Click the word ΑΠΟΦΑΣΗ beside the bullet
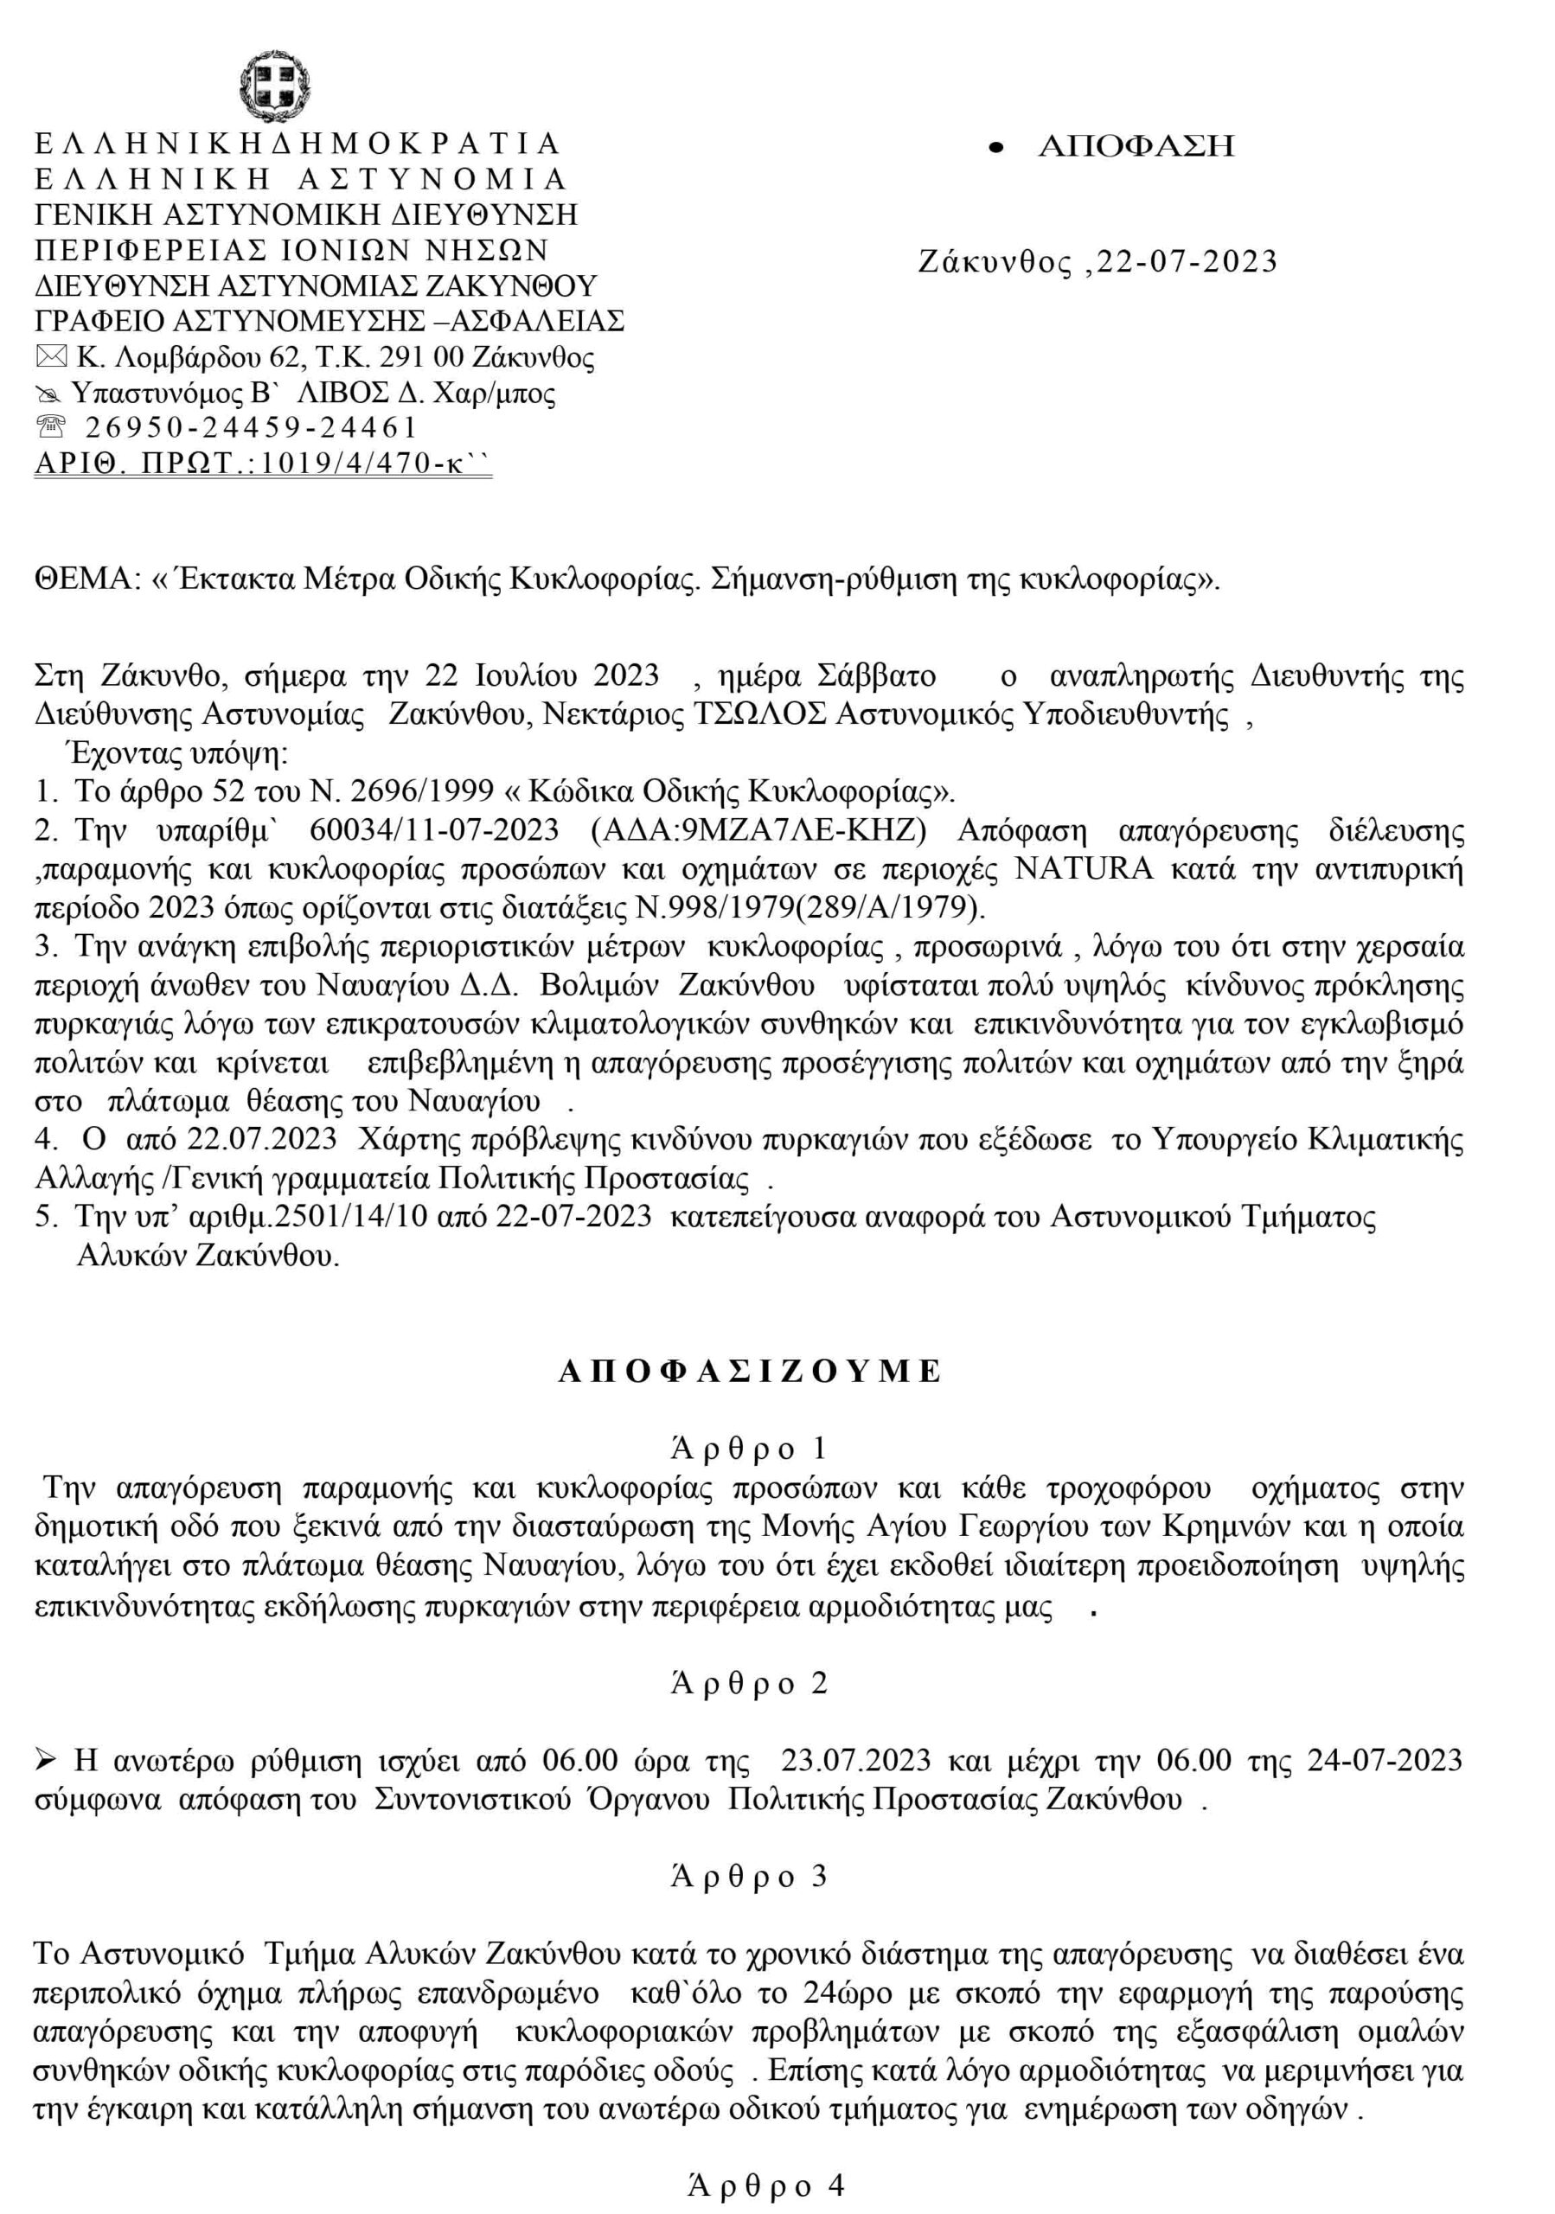pyautogui.click(x=1136, y=146)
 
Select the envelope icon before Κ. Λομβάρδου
pyautogui.click(x=51, y=358)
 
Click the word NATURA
pyautogui.click(x=1084, y=869)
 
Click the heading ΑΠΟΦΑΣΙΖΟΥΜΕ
pyautogui.click(x=750, y=1372)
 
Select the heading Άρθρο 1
pyautogui.click(x=749, y=1449)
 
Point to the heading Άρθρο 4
pyautogui.click(x=765, y=2187)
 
